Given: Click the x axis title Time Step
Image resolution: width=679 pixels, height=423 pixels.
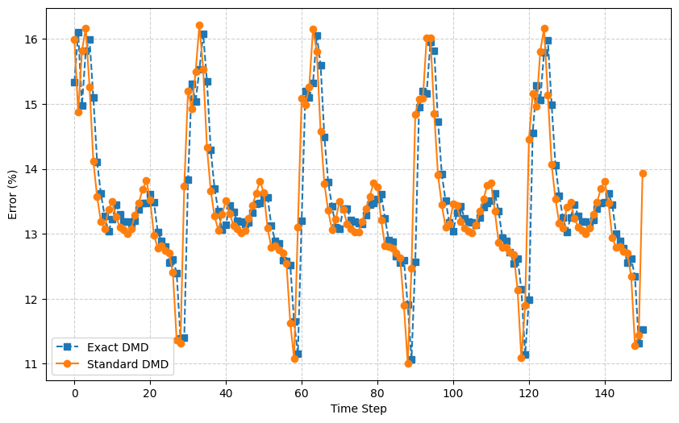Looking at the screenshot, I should pyautogui.click(x=358, y=408).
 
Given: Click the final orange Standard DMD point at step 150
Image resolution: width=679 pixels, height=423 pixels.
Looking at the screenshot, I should pyautogui.click(x=643, y=173).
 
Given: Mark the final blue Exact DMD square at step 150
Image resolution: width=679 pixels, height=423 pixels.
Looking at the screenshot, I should pyautogui.click(x=643, y=330).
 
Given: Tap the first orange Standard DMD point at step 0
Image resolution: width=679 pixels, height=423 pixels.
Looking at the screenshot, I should pyautogui.click(x=75, y=39).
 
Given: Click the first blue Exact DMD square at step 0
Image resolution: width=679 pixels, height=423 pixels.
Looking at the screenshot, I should pyautogui.click(x=75, y=82).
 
